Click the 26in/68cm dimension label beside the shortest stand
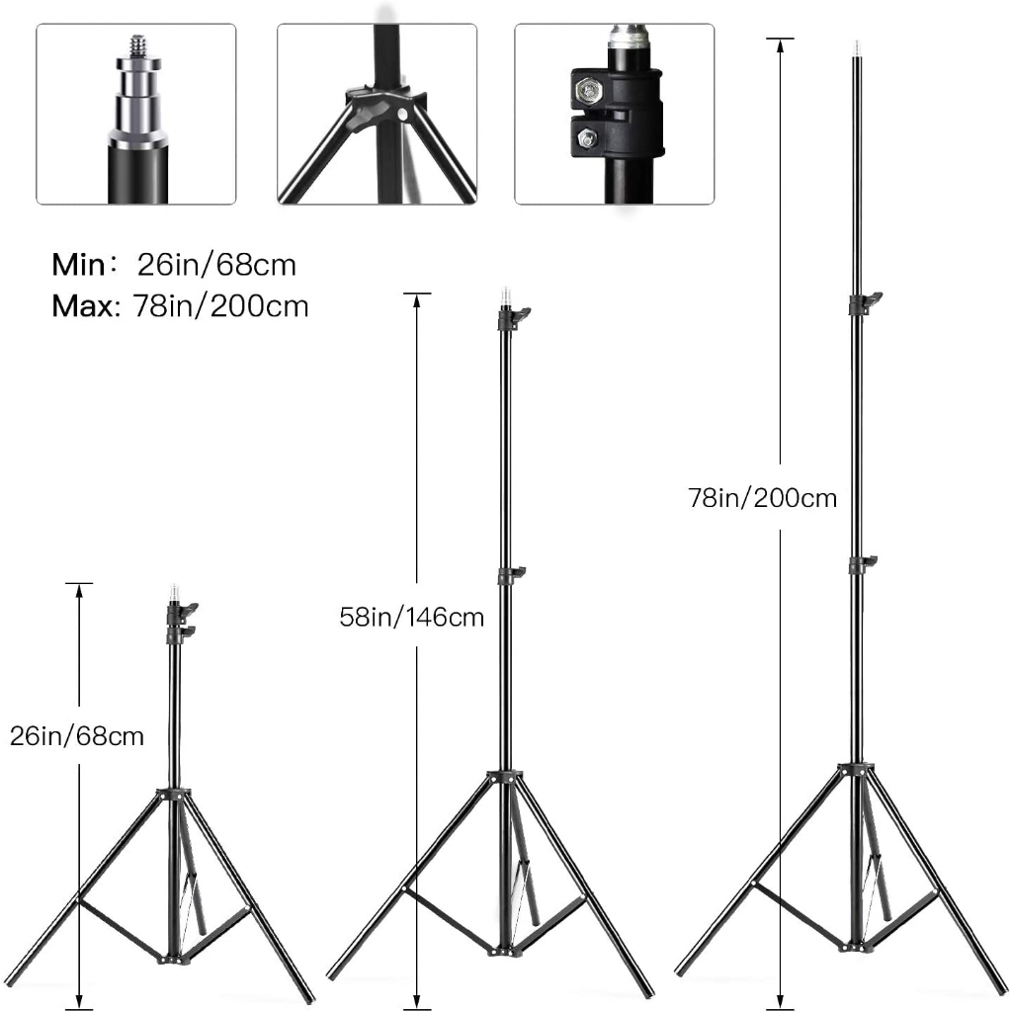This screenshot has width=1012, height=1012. pos(77,735)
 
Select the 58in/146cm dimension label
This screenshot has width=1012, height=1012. pos(412,617)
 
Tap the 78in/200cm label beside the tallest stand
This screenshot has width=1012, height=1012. pos(762,498)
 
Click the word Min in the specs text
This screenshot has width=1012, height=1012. pos(78,265)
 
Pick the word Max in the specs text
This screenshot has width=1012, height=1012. pos(85,306)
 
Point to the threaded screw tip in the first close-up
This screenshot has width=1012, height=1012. pos(138,45)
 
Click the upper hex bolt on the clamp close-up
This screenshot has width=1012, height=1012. pos(588,90)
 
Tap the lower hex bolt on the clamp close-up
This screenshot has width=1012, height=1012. pos(586,138)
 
